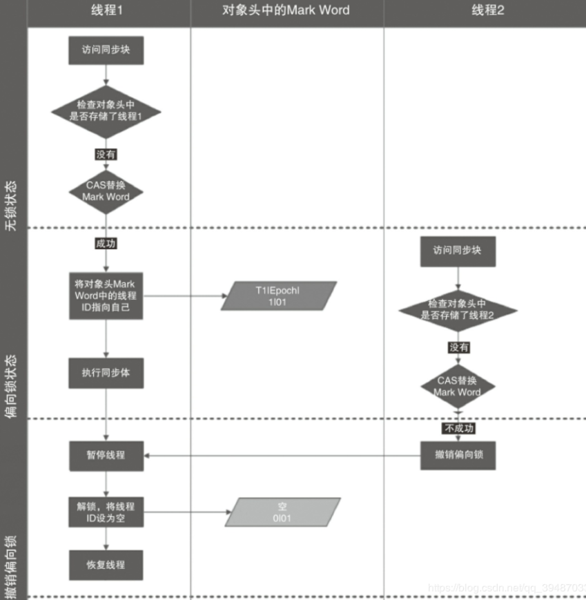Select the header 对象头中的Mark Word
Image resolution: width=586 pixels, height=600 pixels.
click(x=286, y=10)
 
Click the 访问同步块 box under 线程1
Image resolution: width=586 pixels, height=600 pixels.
click(x=106, y=50)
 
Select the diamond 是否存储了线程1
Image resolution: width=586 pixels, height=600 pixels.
click(x=106, y=111)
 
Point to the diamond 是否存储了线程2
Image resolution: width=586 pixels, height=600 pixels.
click(x=458, y=309)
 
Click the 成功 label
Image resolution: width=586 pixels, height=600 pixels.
click(x=106, y=243)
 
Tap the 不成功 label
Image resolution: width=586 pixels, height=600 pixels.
click(x=458, y=428)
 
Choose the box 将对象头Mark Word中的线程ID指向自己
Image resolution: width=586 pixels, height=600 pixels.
click(x=106, y=296)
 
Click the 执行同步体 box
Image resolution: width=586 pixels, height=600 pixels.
click(x=106, y=373)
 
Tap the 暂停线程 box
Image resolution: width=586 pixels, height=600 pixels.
click(x=106, y=456)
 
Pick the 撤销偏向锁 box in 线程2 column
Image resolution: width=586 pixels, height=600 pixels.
click(x=458, y=456)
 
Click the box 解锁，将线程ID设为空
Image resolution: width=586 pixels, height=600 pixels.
click(x=106, y=512)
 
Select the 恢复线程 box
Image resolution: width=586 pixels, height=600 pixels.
click(x=106, y=565)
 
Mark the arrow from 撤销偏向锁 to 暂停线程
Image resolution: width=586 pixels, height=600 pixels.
click(x=283, y=456)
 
